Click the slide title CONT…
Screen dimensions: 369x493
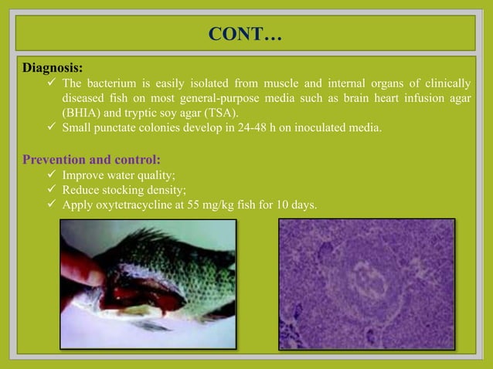coord(246,36)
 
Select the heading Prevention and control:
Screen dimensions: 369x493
coord(91,160)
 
